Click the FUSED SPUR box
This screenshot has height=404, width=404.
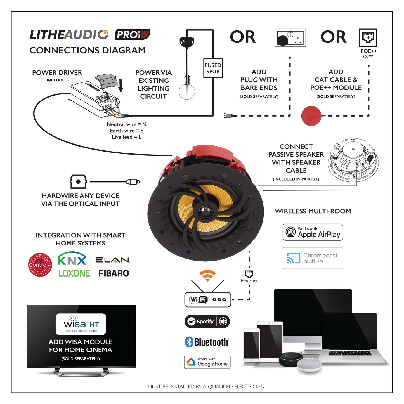click(213, 68)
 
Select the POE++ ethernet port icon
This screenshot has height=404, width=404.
click(368, 37)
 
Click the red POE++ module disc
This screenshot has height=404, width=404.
click(311, 116)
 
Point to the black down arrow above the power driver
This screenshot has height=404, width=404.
click(121, 86)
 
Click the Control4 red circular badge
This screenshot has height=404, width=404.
click(40, 264)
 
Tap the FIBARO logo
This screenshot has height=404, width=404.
click(114, 273)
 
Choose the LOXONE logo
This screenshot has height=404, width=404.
click(74, 273)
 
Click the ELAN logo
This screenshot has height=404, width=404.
click(113, 260)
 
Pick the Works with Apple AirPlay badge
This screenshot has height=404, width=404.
click(313, 232)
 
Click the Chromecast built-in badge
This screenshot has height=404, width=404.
click(313, 258)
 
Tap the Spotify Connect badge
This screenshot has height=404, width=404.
click(207, 322)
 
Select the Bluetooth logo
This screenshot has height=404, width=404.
click(207, 342)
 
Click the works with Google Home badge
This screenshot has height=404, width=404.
click(207, 362)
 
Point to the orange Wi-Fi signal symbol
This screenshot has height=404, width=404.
click(207, 275)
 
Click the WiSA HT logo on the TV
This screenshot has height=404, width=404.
click(81, 324)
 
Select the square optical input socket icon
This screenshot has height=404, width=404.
click(78, 182)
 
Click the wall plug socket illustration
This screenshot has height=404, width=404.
click(290, 38)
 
